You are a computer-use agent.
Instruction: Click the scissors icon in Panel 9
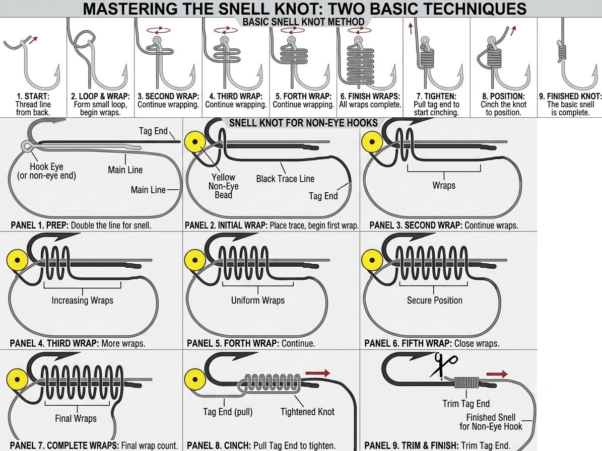tap(443, 365)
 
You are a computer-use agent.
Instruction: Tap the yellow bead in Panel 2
tap(195, 142)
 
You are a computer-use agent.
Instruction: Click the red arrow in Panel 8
tap(318, 373)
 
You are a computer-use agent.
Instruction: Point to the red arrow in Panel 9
tap(497, 374)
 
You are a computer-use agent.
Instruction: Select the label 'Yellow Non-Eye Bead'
tap(224, 186)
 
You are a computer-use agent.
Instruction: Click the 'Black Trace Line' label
tap(285, 179)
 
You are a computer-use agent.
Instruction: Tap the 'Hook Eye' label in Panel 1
tap(46, 167)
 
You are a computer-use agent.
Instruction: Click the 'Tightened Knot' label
tap(307, 412)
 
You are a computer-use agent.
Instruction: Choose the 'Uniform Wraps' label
tap(258, 300)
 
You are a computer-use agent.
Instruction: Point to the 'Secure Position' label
tap(435, 300)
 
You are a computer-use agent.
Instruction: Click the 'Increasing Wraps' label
tap(83, 300)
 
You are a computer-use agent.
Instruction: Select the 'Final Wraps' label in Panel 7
tap(76, 418)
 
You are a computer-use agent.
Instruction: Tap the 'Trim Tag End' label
tap(466, 404)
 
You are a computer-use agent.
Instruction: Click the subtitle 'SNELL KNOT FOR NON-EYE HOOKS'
tap(303, 123)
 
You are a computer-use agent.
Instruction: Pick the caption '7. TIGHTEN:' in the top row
tap(437, 96)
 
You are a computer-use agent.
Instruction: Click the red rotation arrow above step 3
tap(159, 30)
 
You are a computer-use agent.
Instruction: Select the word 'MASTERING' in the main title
tap(130, 9)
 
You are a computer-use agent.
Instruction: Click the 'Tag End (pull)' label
tap(228, 412)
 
